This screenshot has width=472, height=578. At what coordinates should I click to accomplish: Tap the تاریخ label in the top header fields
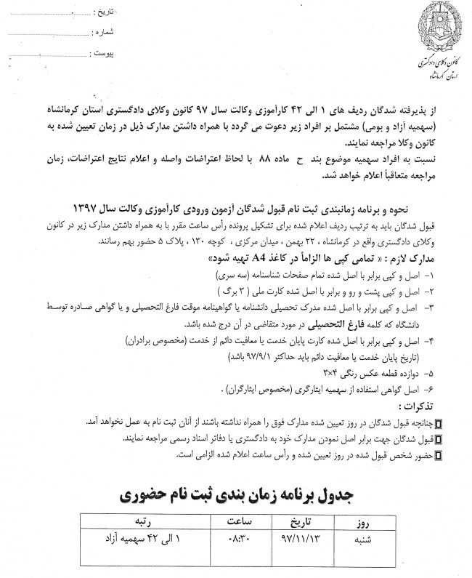click(107, 13)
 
